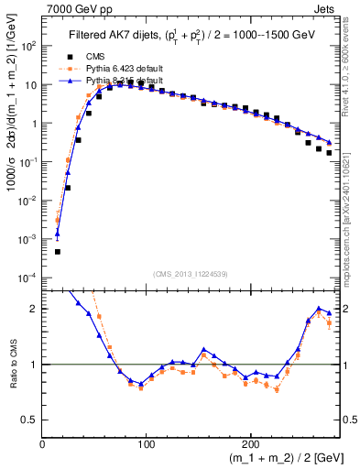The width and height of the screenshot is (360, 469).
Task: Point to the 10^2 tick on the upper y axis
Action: pyautogui.click(x=28, y=45)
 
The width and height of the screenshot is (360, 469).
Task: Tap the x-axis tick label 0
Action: pyautogui.click(x=43, y=443)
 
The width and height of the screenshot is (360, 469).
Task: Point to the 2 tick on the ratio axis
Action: pyautogui.click(x=34, y=309)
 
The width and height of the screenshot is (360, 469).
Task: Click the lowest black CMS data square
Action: pyautogui.click(x=57, y=252)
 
